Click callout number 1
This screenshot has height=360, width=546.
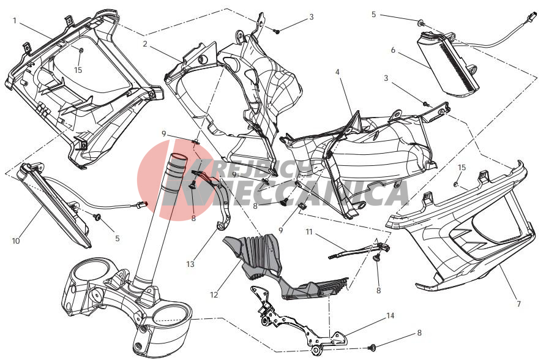coord(14,21)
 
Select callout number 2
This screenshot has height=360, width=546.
coord(145,44)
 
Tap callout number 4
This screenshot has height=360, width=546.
coord(337,72)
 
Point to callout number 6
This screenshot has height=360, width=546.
coord(393,50)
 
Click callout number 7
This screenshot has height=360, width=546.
coord(518,304)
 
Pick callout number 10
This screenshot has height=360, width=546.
coord(16,241)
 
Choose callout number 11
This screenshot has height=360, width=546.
coord(309,232)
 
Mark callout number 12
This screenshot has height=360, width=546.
coord(214,294)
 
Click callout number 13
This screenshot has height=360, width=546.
coord(190,264)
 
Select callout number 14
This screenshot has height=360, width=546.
coord(391,316)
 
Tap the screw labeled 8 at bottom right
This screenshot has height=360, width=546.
coord(373,347)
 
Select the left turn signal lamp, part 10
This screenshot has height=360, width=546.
coord(56,206)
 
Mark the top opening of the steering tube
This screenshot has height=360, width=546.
coord(178,157)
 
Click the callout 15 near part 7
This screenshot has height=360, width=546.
coord(462,168)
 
